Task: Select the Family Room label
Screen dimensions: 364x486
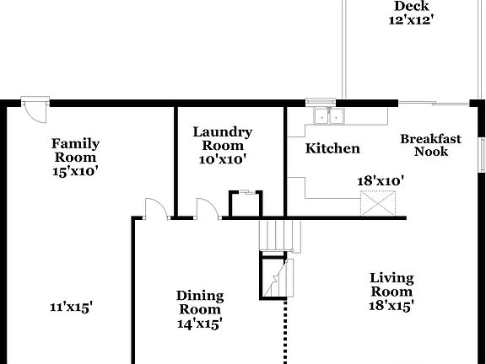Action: point(76,150)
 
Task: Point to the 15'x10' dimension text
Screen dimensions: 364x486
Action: point(76,170)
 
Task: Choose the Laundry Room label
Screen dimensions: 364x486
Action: point(223,138)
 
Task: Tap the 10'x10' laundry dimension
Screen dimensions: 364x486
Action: point(223,158)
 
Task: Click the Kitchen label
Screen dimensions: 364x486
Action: point(332,149)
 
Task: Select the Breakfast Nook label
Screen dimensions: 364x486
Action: point(430,145)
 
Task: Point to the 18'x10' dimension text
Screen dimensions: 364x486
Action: point(381,180)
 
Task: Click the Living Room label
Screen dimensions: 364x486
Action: point(391,284)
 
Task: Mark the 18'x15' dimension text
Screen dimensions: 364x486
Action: point(391,306)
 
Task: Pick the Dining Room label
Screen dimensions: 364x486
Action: point(200,302)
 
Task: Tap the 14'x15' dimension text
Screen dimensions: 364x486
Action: point(200,323)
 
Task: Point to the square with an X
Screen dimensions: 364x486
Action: point(377,204)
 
